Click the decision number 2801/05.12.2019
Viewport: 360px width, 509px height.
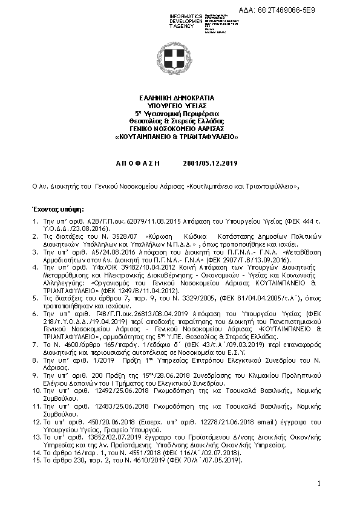click(210, 164)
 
